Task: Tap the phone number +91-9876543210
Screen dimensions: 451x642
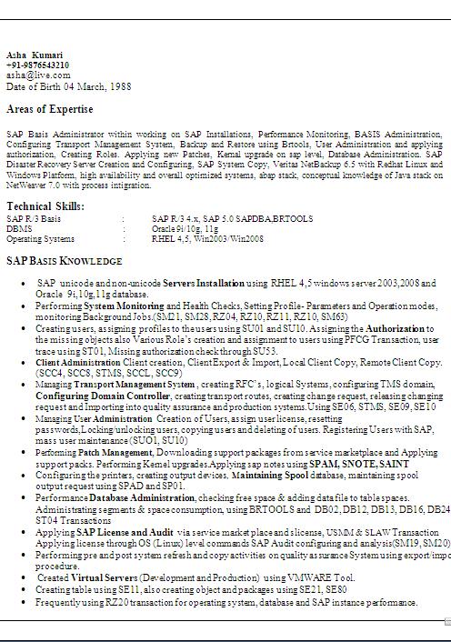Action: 37,65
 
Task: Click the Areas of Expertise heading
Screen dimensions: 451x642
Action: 49,109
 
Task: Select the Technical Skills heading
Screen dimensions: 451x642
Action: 45,207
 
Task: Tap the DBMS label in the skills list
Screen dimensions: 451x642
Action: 18,229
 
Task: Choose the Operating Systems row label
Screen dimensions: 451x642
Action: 40,239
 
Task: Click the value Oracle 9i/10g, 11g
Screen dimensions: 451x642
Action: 185,229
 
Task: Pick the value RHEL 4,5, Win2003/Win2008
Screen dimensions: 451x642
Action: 207,239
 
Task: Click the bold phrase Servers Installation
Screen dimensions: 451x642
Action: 204,284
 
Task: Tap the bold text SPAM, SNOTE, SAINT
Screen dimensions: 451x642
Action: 369,464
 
